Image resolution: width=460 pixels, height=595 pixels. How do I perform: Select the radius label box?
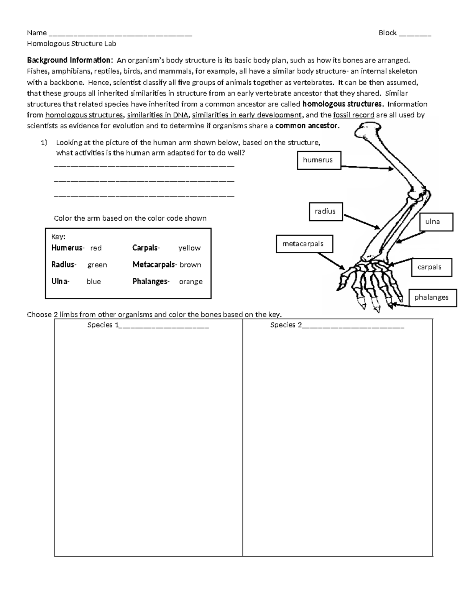(326, 211)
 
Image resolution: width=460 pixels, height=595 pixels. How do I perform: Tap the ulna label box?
(436, 221)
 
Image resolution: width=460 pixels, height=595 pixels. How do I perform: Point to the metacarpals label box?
(304, 244)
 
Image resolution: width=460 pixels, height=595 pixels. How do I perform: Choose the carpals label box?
(432, 267)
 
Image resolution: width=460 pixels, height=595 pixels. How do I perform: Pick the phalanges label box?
(433, 297)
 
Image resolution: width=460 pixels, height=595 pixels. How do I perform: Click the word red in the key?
(96, 248)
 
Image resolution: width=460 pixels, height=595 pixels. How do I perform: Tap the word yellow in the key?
(189, 248)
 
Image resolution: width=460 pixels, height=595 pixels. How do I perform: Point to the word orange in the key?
(191, 282)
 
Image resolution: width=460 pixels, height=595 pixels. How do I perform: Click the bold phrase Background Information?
(70, 60)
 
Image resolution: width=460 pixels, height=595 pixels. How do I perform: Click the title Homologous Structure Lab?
(71, 44)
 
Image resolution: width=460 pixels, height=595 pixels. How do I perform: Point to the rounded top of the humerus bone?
(368, 129)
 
